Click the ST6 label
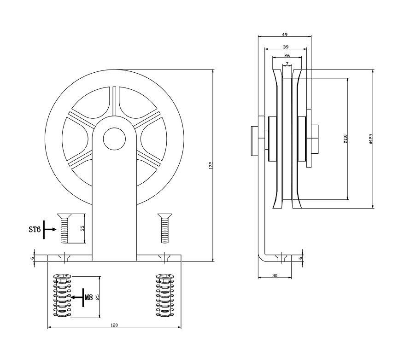pos(35,229)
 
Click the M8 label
pos(89,297)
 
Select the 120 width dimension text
pos(114,325)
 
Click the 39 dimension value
pos(286,47)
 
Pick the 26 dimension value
pos(287,56)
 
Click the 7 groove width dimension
pos(287,64)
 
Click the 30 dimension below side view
pos(275,275)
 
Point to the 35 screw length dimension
pos(82,228)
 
